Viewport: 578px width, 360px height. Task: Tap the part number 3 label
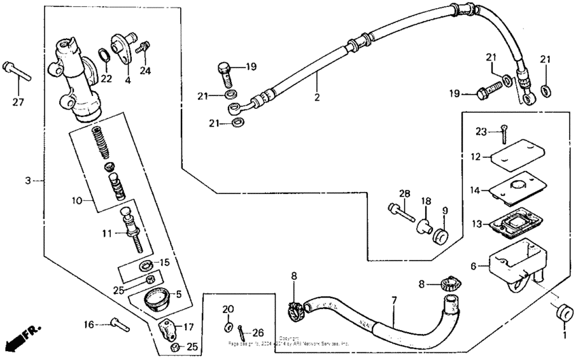coord(27,180)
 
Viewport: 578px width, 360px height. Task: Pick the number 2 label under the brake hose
coord(317,97)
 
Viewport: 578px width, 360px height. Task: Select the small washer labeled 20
coord(227,327)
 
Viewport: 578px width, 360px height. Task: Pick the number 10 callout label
coord(75,201)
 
